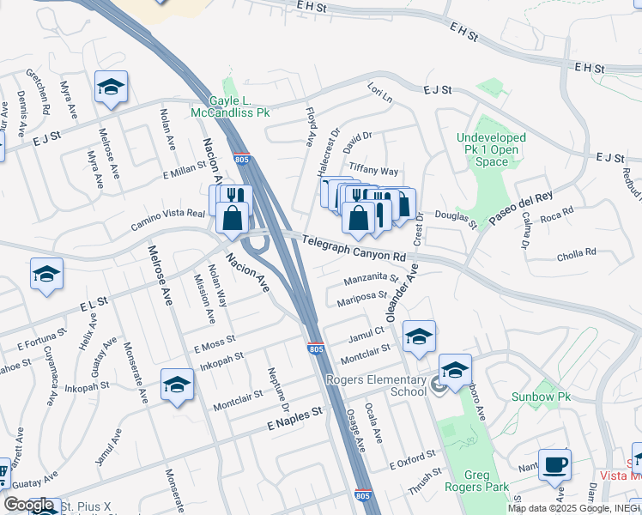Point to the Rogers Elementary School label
(375, 385)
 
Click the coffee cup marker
(554, 464)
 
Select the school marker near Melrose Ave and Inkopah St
(177, 385)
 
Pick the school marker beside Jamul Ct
(418, 337)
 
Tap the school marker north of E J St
(111, 87)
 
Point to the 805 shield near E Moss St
(315, 348)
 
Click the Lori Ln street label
(379, 91)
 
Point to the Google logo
(28, 505)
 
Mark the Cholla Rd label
(576, 253)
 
